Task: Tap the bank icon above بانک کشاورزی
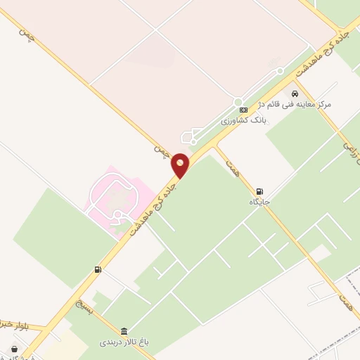[x=243, y=110]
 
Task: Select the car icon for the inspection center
[x=295, y=94]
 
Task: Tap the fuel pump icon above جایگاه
[x=259, y=191]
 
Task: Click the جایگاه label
[x=259, y=202]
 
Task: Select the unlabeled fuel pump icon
[x=98, y=269]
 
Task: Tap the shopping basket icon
[x=15, y=349]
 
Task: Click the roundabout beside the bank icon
[x=238, y=102]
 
